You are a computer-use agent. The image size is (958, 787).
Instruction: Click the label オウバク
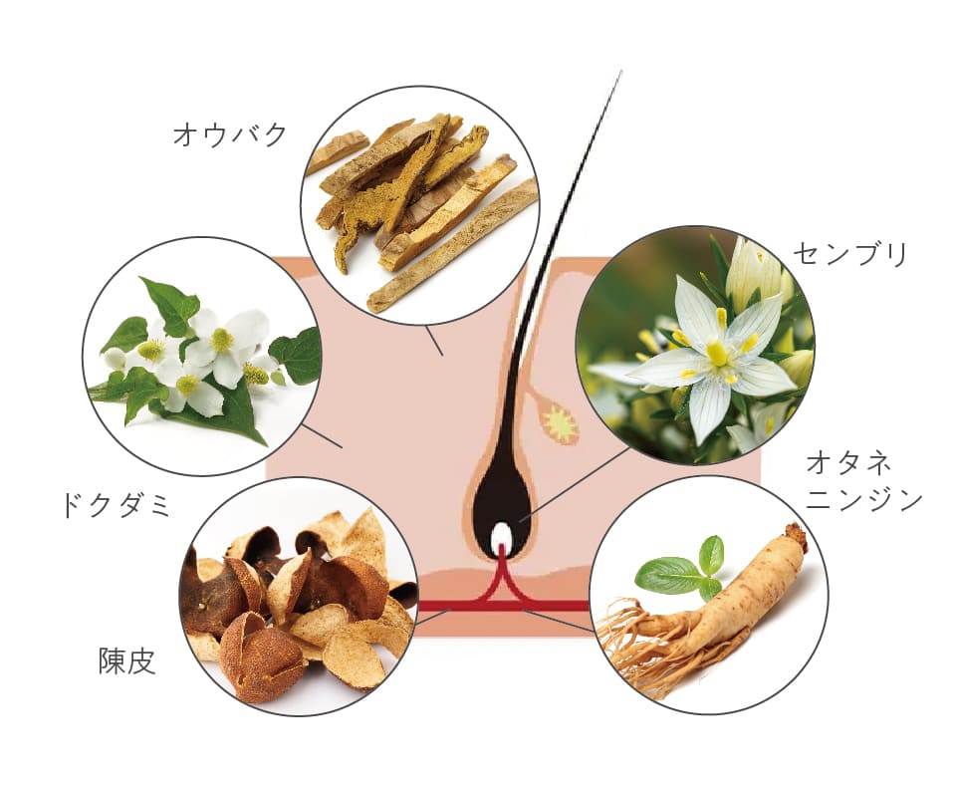230,133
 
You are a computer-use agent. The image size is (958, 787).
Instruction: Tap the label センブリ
851,254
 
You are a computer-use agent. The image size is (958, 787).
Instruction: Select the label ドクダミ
117,506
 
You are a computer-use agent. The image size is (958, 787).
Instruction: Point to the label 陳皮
127,661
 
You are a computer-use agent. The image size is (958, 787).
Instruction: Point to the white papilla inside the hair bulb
502,536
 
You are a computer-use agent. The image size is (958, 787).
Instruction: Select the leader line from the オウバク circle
434,340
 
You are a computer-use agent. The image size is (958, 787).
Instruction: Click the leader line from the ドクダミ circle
323,436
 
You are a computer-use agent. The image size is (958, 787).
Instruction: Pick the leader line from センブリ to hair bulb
575,483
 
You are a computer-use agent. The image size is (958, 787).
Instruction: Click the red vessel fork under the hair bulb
502,578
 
